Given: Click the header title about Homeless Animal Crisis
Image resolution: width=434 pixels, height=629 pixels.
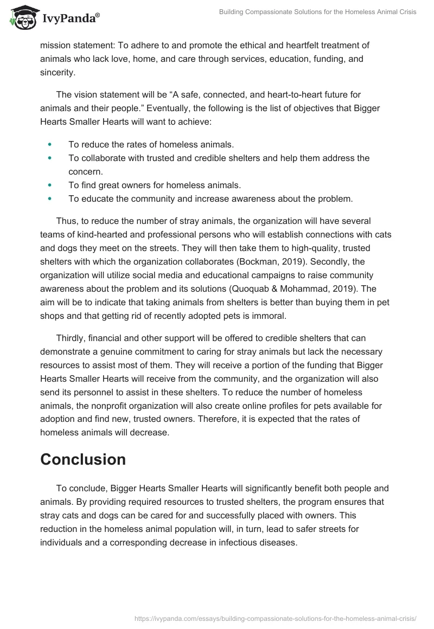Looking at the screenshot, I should pos(317,12).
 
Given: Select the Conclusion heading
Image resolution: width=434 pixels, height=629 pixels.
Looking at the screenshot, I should pos(82,459).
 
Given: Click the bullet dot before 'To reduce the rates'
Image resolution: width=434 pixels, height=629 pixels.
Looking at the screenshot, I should pos(50,144).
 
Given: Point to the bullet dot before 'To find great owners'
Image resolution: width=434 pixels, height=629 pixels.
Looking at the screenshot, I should pos(50,185).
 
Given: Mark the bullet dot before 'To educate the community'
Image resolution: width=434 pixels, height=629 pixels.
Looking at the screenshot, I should pos(50,198).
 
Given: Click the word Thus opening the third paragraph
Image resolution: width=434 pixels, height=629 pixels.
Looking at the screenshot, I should pos(66,221).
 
